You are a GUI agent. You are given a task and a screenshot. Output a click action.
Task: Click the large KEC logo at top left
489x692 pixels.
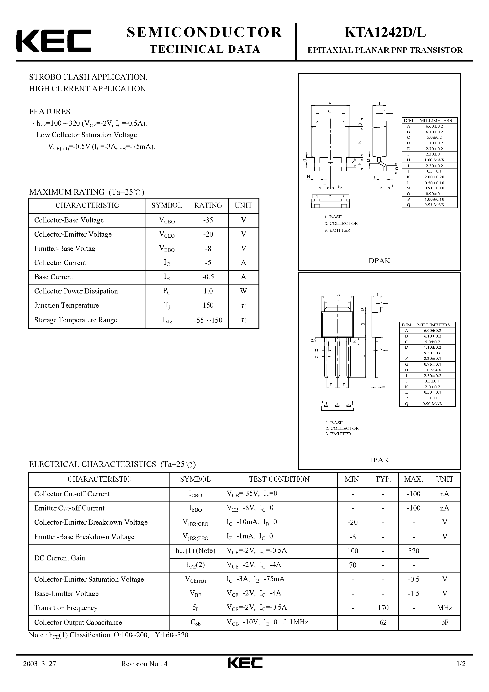(x=53, y=41)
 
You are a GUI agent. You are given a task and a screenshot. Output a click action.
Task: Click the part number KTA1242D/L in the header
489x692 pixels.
(x=385, y=33)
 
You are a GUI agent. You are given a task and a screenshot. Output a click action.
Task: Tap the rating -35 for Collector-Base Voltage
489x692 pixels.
(x=208, y=220)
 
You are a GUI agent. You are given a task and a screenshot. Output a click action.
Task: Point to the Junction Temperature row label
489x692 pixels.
(x=66, y=305)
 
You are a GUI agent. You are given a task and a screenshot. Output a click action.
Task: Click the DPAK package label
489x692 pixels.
(x=379, y=261)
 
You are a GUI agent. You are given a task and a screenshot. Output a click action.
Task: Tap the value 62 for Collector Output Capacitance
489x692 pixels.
(x=383, y=622)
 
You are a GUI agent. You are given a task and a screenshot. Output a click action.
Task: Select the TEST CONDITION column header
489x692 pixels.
(x=279, y=479)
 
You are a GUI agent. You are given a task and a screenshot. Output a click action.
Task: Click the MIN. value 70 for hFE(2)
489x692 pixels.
(x=352, y=565)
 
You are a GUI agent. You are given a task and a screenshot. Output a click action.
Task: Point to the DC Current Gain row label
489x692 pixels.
(x=59, y=558)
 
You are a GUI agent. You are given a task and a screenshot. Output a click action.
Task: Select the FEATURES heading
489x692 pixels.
(x=49, y=111)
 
